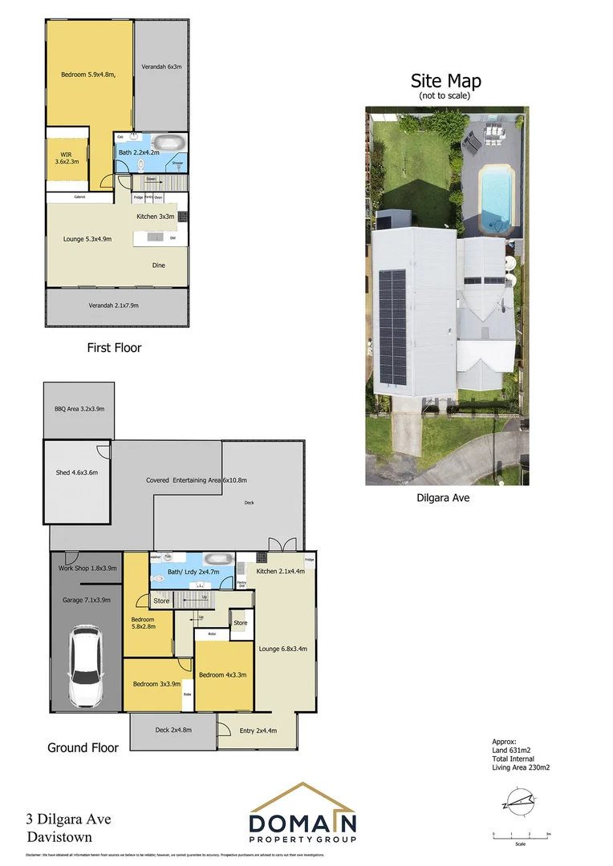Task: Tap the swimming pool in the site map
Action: [x=494, y=193]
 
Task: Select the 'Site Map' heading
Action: [x=445, y=81]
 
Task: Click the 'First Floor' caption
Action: [x=114, y=348]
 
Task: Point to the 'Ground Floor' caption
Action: [x=83, y=747]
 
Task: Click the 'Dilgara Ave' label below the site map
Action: [x=442, y=498]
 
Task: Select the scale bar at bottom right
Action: [x=521, y=834]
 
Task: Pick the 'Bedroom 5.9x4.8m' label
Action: [x=89, y=75]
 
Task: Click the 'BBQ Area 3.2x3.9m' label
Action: [x=79, y=409]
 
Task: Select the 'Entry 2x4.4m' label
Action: [x=258, y=730]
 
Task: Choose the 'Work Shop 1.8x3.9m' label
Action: [x=87, y=569]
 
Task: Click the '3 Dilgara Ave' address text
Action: [x=69, y=819]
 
